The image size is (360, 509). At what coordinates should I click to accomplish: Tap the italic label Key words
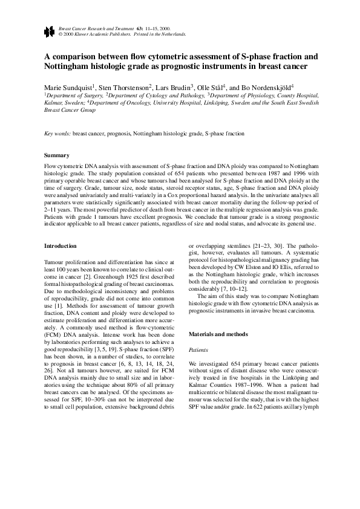(58, 133)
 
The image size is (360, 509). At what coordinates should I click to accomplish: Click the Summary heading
(57, 155)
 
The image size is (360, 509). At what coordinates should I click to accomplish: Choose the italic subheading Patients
(199, 349)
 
